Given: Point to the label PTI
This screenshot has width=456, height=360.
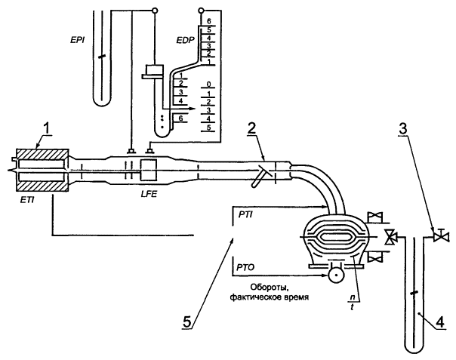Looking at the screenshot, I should point(245,216).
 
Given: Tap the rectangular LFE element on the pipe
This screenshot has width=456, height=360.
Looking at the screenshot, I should point(148,168).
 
